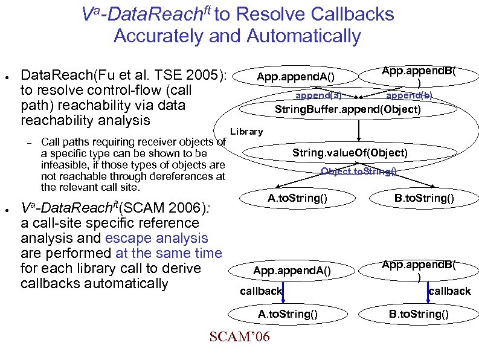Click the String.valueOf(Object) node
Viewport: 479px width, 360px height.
click(350, 153)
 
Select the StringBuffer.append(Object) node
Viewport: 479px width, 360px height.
click(347, 109)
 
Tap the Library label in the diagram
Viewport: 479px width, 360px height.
click(246, 132)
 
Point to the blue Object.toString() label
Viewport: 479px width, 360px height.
click(358, 171)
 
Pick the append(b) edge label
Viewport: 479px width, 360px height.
click(409, 95)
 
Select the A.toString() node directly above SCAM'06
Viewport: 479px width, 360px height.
click(288, 313)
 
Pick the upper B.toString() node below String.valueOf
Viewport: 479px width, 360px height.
click(424, 198)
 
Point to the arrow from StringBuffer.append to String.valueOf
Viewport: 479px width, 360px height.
click(359, 132)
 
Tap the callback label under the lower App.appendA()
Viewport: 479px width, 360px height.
click(262, 291)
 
